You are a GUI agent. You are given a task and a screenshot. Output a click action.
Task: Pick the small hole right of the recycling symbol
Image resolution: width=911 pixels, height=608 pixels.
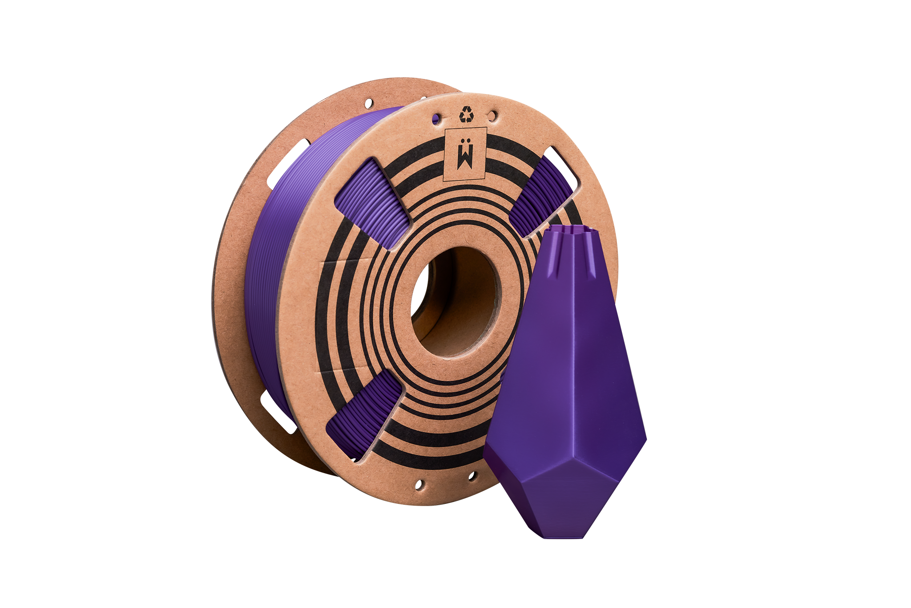coord(492,114)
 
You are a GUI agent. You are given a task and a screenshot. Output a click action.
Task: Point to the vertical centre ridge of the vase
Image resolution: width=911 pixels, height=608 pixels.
coord(574,356)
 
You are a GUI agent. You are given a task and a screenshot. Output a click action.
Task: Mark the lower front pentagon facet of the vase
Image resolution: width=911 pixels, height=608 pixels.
coord(574,503)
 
